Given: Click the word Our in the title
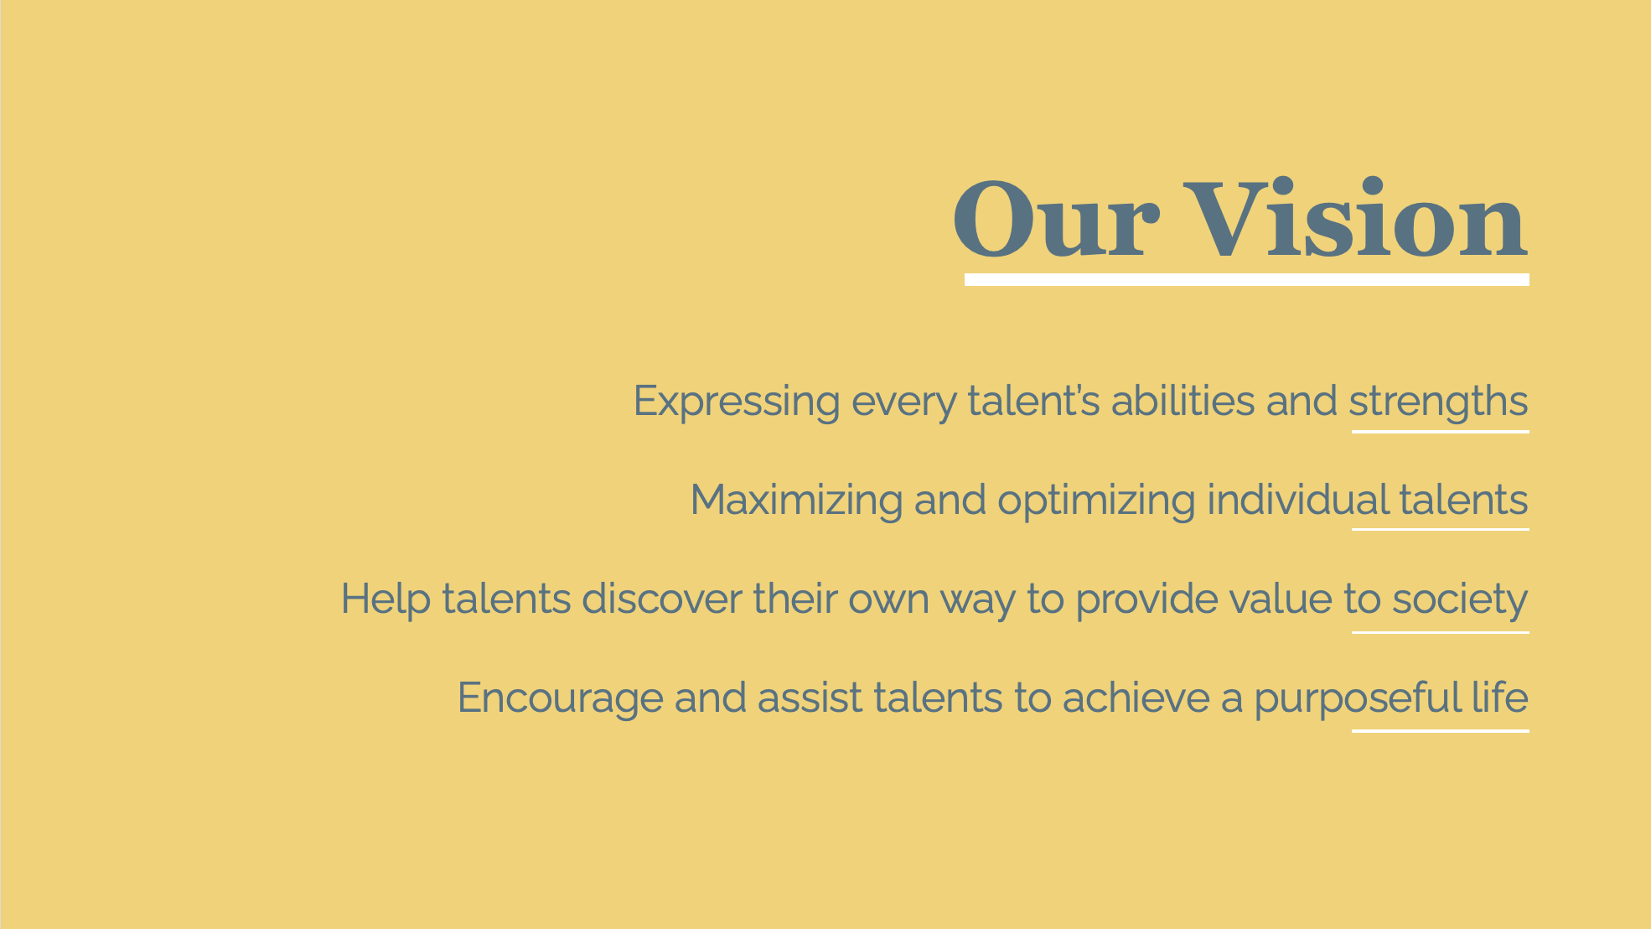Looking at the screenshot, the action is click(1056, 220).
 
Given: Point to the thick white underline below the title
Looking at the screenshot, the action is click(1247, 280).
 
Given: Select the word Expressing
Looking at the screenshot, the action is click(737, 402).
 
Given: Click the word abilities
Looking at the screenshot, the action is click(1183, 400).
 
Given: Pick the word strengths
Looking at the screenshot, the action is click(1438, 402).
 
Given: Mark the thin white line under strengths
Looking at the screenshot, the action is click(1441, 432).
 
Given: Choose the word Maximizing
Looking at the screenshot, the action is click(796, 501).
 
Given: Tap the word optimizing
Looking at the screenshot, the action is click(1096, 501).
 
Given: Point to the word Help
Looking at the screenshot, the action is click(386, 599).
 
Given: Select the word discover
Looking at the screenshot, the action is click(662, 599).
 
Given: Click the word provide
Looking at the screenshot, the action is click(1146, 600).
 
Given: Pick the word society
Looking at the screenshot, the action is click(1460, 600).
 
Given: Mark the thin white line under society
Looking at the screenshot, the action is click(1441, 632).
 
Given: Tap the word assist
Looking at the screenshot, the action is click(810, 698).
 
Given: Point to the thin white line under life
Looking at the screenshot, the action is click(1441, 731).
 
